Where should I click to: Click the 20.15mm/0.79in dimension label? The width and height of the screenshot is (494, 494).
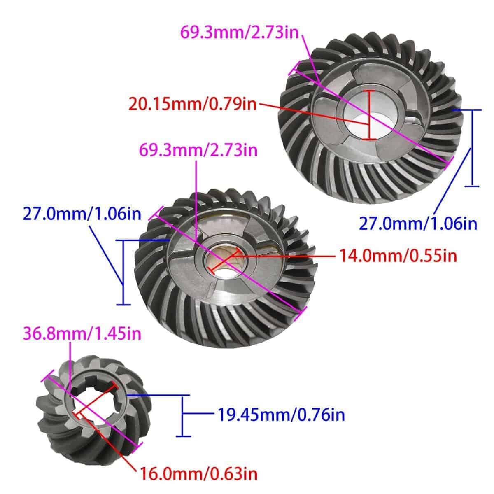192,104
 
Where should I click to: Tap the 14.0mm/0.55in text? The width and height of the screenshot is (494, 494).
398,256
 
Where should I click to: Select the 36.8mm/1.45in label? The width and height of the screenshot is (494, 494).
82,334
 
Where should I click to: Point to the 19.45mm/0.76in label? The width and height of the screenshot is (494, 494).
281,415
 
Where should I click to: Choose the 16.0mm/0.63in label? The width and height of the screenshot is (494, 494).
198,474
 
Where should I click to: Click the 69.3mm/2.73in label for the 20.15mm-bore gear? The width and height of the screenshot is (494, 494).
240,33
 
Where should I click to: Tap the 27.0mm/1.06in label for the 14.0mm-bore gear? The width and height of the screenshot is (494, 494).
82,214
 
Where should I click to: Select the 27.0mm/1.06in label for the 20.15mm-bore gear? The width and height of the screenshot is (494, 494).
418,224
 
